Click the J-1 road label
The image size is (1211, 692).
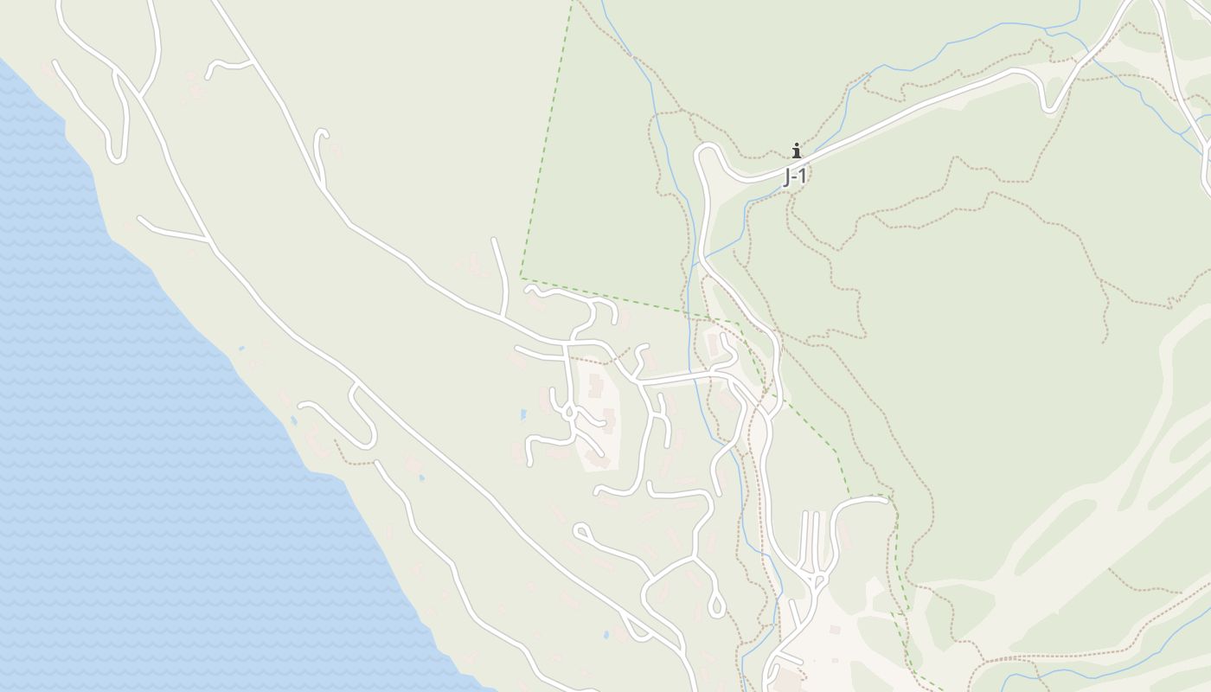pos(795,177)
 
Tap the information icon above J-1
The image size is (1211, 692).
pos(796,151)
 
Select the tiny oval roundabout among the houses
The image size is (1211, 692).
pos(569,413)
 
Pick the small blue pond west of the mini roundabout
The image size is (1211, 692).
pos(522,415)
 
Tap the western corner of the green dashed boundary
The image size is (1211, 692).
pos(521,276)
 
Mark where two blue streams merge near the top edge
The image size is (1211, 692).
pos(1048,31)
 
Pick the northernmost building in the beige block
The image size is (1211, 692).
pos(595,386)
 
